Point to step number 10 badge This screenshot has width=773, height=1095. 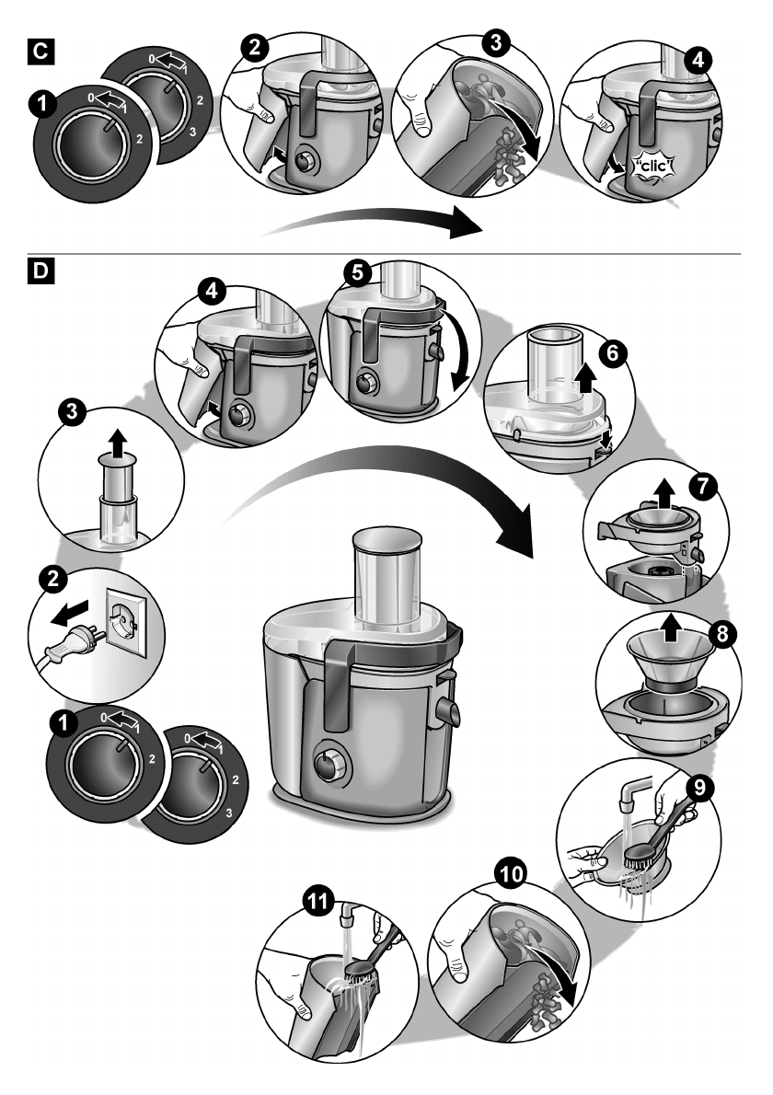(508, 870)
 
